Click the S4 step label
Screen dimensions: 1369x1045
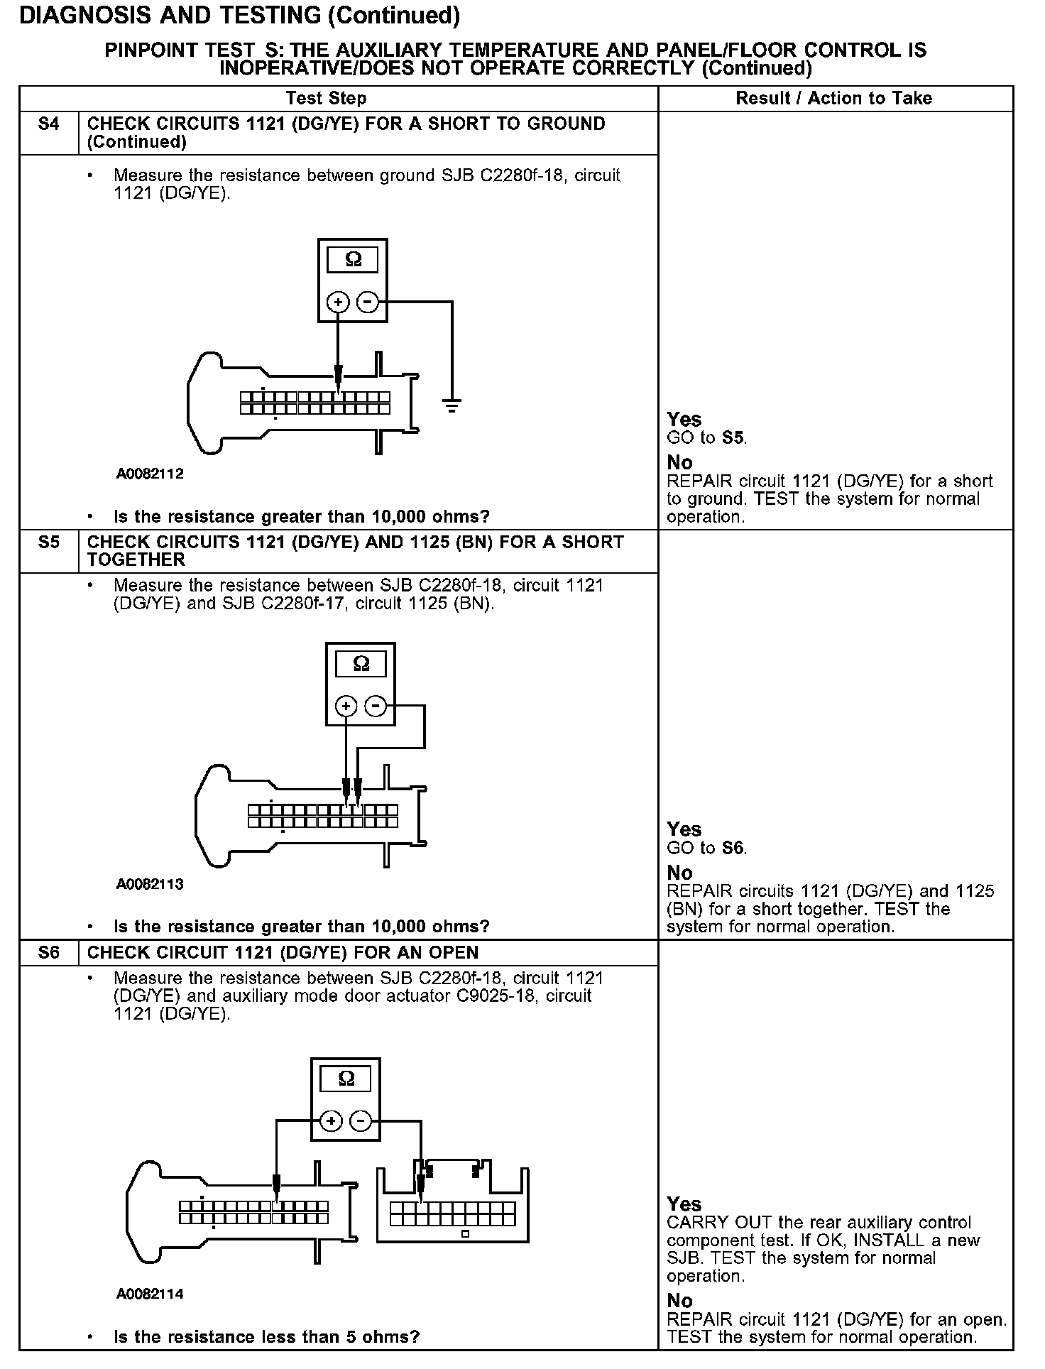pos(48,124)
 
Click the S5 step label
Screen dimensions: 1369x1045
pos(48,542)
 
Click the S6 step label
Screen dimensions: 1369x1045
pos(48,953)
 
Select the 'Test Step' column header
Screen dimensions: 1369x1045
pos(327,99)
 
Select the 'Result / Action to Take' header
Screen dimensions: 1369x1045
pos(834,99)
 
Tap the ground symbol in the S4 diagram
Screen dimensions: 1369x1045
pos(452,405)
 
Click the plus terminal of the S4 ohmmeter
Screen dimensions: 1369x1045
pos(338,302)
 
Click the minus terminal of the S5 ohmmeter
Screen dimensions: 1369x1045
pos(376,706)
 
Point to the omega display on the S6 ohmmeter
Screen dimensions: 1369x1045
pos(346,1079)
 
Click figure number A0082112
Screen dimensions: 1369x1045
pos(150,474)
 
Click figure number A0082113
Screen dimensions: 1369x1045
pos(150,884)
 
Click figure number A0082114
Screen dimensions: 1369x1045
pos(150,1294)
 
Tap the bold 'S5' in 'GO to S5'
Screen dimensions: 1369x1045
pos(733,438)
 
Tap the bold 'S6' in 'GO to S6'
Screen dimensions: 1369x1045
pos(733,849)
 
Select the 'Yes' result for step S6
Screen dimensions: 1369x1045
pos(684,1204)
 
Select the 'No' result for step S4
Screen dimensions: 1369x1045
pos(679,463)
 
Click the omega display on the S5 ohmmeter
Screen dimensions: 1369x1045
pos(361,665)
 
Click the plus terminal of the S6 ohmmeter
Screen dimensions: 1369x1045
pos(331,1121)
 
